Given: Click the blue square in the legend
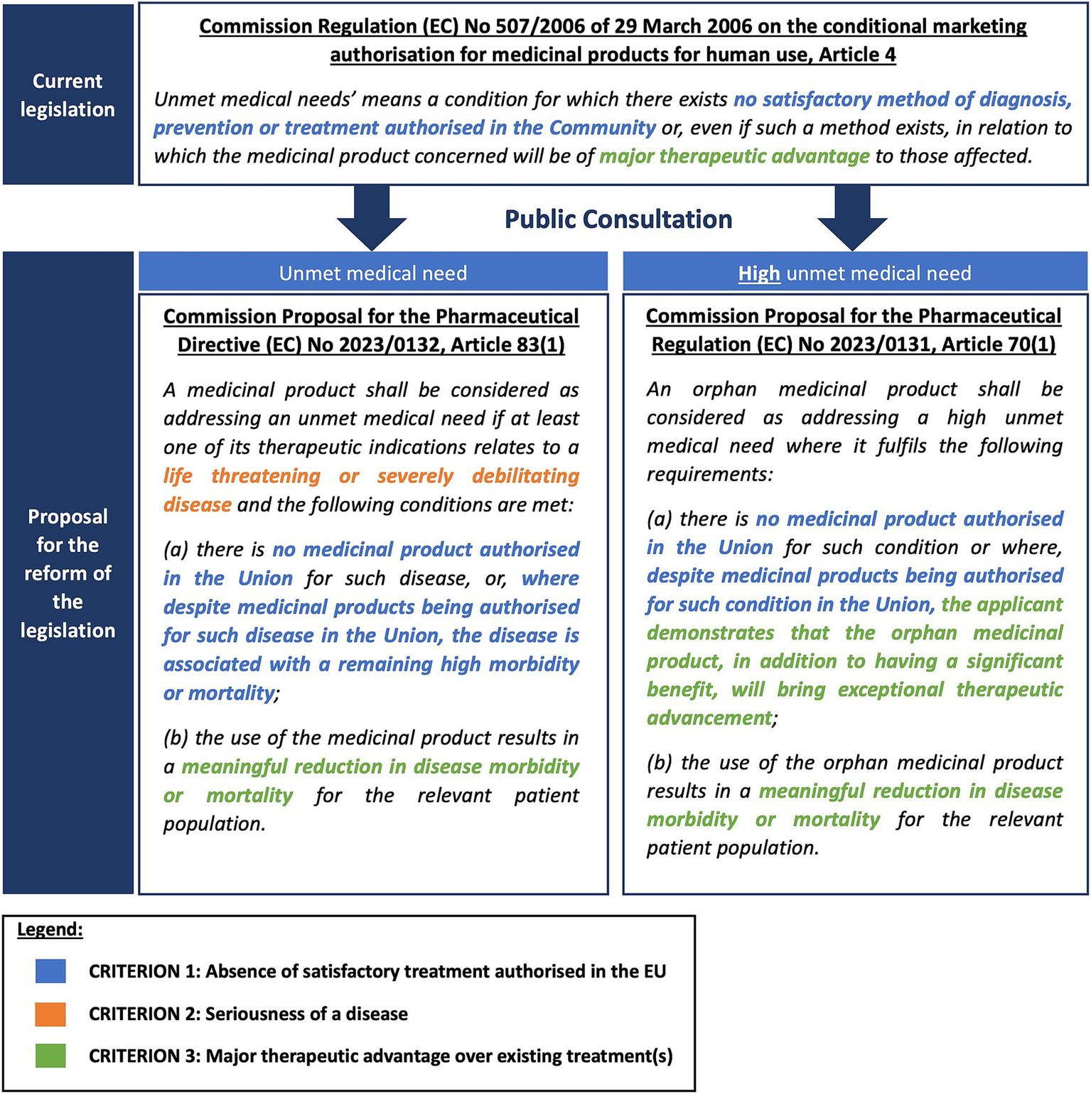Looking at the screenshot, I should (50, 971).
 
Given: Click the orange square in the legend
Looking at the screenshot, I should (50, 1014).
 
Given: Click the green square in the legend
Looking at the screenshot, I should (50, 1056).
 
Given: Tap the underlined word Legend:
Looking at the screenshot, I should (50, 929).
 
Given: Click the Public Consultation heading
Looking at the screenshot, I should (618, 220).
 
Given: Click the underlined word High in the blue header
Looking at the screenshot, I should (759, 273).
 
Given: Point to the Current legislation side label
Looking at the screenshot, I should (68, 95).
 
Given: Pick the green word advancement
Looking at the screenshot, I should (709, 718).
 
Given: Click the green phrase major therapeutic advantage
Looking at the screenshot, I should (734, 156).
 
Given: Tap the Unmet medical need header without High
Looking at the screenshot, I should (373, 273).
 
